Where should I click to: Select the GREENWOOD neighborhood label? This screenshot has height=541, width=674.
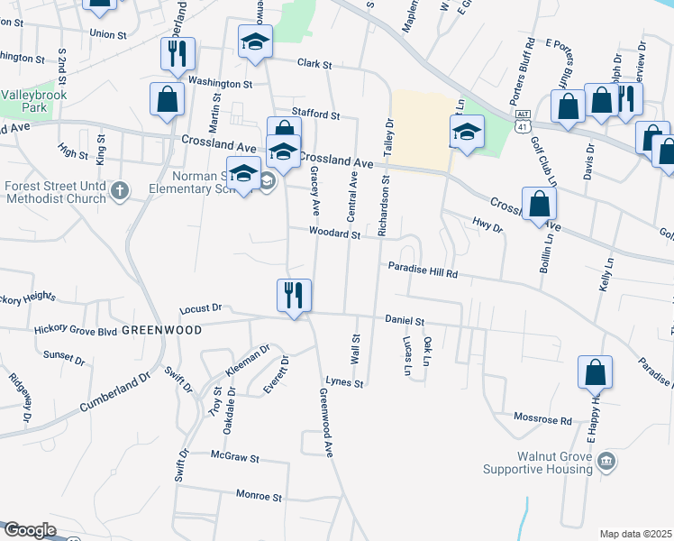(161, 330)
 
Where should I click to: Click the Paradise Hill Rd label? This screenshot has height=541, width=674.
(424, 270)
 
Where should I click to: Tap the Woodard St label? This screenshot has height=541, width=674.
(334, 234)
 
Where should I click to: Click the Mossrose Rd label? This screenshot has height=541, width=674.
(542, 420)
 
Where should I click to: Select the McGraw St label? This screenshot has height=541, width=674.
(234, 458)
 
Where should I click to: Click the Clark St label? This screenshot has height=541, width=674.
(315, 65)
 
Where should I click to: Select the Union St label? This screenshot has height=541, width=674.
(108, 34)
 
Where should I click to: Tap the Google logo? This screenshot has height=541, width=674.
(30, 530)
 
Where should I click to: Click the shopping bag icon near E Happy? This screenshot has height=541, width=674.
(596, 371)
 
